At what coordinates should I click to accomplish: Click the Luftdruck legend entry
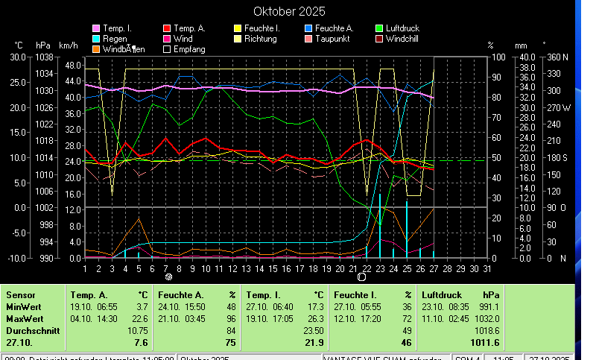click(x=402, y=28)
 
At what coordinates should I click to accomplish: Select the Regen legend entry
click(x=115, y=38)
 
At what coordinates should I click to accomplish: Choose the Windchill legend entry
click(x=406, y=38)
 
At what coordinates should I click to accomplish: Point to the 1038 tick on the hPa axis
click(x=43, y=57)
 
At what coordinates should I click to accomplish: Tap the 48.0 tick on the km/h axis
click(x=72, y=65)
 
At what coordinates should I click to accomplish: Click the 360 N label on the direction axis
click(x=557, y=57)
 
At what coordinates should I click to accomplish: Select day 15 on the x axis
click(x=273, y=268)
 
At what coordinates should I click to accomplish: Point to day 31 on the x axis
click(x=487, y=268)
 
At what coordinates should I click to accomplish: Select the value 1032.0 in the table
click(x=486, y=318)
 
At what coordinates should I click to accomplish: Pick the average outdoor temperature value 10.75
click(x=138, y=329)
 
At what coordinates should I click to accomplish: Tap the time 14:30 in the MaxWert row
click(x=107, y=318)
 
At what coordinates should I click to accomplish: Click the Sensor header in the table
click(x=20, y=295)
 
